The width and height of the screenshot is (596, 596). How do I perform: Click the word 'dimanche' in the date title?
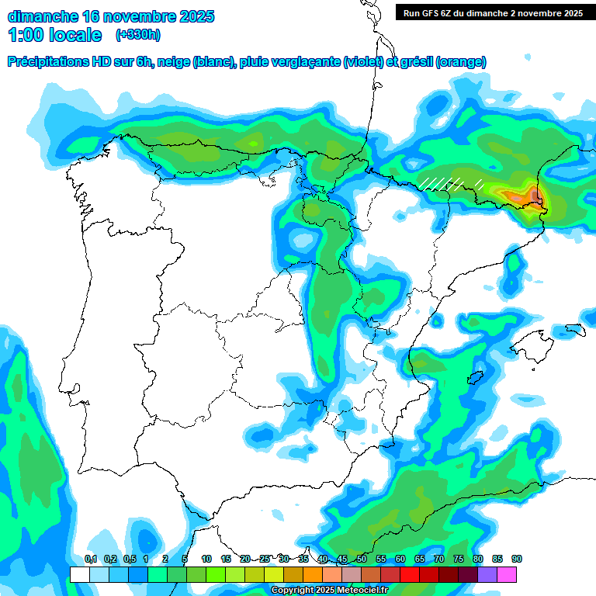click(x=41, y=16)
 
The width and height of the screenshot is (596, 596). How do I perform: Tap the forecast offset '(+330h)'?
click(x=137, y=35)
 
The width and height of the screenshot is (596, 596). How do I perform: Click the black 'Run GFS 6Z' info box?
click(x=493, y=12)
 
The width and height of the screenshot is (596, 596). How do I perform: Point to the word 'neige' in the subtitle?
click(x=175, y=62)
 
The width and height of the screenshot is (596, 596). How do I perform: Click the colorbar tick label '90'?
click(x=517, y=559)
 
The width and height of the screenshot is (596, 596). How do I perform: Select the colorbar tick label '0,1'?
click(x=91, y=559)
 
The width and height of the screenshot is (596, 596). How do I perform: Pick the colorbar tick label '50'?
click(x=362, y=559)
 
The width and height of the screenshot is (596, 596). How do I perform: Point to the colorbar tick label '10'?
click(x=206, y=559)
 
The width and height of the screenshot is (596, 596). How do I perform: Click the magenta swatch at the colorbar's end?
click(x=507, y=574)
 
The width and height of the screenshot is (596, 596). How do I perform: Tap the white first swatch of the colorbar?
click(x=79, y=574)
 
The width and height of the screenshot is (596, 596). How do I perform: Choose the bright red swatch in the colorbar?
click(x=410, y=574)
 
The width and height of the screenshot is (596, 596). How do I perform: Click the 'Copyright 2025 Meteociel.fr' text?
click(x=329, y=591)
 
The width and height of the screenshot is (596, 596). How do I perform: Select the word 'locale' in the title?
click(x=74, y=35)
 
